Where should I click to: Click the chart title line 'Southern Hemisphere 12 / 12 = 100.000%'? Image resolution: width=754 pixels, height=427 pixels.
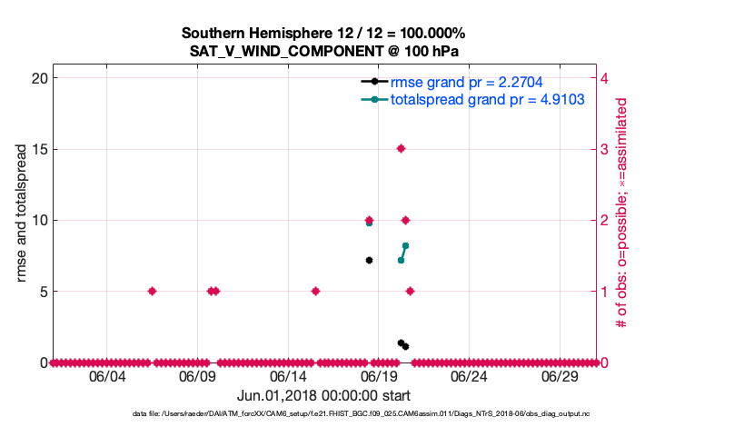(323, 34)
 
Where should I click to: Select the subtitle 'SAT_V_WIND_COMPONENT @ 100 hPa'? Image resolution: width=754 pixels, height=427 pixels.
(323, 51)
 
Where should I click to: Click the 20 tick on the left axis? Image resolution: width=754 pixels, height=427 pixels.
(39, 78)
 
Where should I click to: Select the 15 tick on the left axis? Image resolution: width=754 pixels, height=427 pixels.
(39, 149)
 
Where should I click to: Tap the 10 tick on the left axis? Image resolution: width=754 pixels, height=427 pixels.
(39, 220)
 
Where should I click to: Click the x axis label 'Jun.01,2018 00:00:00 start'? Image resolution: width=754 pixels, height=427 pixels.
(323, 395)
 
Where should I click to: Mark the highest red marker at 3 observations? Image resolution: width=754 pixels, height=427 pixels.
(401, 148)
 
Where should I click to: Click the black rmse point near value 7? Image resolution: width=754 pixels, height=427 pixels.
(369, 260)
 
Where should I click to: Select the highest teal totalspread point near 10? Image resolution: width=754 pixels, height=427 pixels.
(369, 223)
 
